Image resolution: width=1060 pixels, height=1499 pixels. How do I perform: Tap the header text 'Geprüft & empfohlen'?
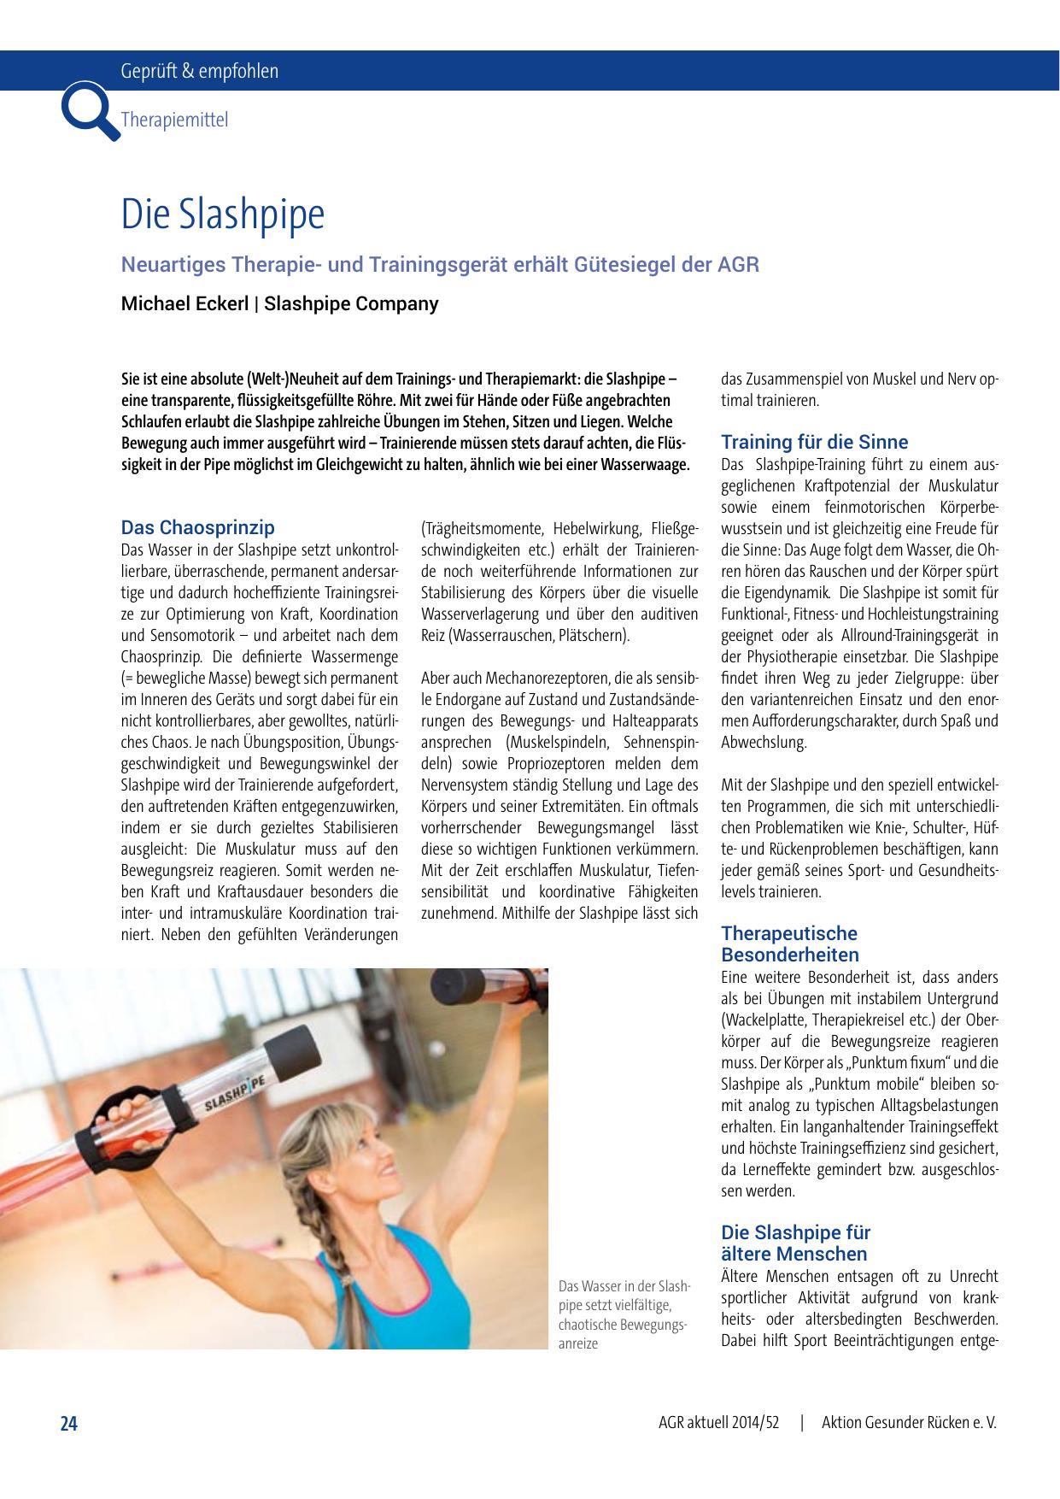click(x=200, y=72)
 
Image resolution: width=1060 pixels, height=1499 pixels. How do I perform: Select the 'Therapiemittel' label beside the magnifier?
click(x=175, y=120)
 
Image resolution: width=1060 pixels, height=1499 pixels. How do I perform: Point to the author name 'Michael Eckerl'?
click(x=184, y=303)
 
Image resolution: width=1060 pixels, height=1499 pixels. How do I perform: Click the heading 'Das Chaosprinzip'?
click(x=197, y=527)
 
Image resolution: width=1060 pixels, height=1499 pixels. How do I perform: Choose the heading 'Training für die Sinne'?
click(x=814, y=442)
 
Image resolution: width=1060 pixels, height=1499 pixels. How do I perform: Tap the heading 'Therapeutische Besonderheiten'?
click(x=789, y=943)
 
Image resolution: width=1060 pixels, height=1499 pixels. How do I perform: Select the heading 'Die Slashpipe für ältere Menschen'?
click(x=795, y=1243)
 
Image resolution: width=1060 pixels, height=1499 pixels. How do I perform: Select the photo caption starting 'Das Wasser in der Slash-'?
click(x=624, y=1314)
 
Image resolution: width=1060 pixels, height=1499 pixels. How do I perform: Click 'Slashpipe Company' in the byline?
click(x=351, y=303)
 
